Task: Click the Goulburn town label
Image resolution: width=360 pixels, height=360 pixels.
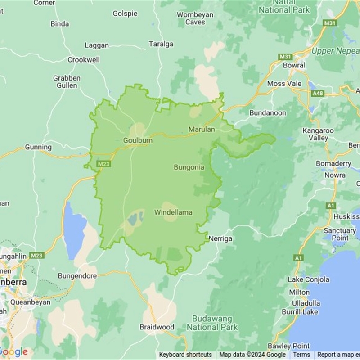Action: click(138, 140)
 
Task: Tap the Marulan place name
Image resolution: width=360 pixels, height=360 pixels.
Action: click(201, 130)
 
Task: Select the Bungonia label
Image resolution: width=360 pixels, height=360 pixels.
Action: click(189, 167)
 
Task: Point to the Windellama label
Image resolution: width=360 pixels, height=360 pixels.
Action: click(173, 212)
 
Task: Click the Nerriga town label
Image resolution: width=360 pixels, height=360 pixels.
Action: click(220, 238)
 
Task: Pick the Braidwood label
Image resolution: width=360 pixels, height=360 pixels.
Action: click(157, 327)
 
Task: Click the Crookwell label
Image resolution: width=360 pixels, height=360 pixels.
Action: click(83, 60)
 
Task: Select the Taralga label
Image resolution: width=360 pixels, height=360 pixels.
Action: click(161, 44)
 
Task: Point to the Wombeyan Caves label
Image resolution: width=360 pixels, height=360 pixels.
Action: click(194, 18)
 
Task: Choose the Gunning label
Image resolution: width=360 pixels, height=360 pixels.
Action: click(38, 147)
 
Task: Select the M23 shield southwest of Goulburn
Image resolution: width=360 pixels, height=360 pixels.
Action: click(103, 164)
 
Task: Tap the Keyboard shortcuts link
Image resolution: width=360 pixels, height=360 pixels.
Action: click(185, 355)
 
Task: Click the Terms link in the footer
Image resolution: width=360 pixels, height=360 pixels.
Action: click(301, 355)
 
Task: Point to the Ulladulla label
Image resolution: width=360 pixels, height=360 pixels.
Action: click(306, 303)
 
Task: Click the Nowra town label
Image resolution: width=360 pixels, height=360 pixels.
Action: click(335, 175)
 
